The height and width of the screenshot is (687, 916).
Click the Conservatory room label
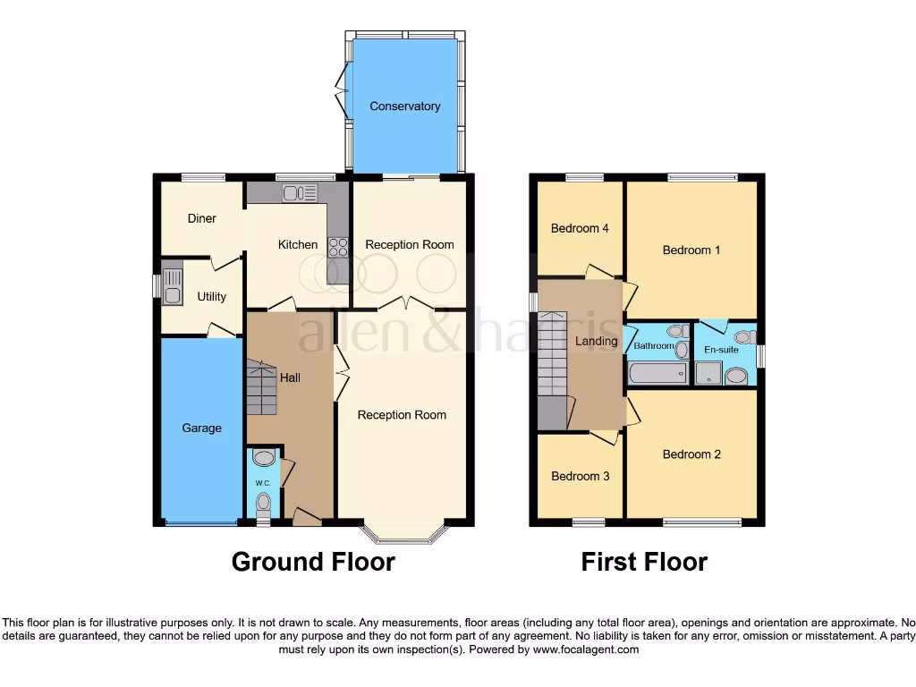(x=405, y=106)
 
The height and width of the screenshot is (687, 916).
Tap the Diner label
(x=202, y=218)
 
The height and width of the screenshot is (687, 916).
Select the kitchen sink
(x=300, y=192)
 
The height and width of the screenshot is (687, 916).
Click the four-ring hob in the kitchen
(x=338, y=246)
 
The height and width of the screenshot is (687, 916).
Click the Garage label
(x=201, y=428)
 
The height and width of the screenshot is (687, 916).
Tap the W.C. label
(x=263, y=483)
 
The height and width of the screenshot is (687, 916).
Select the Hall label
(x=290, y=377)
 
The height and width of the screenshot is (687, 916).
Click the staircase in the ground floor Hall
(x=262, y=388)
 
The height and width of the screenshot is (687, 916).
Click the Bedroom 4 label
(x=580, y=228)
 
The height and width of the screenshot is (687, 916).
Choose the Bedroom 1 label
(x=691, y=250)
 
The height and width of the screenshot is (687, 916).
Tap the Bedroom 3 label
(x=580, y=476)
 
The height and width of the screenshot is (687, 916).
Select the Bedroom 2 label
(x=691, y=454)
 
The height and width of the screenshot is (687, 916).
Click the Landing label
(x=597, y=341)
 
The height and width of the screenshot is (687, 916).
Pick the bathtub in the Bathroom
(x=658, y=373)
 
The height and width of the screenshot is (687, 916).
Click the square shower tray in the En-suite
(x=708, y=373)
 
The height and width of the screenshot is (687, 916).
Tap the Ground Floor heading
(x=313, y=562)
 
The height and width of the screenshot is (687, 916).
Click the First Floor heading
(x=644, y=562)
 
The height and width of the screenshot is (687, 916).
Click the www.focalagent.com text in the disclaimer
(x=586, y=649)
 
